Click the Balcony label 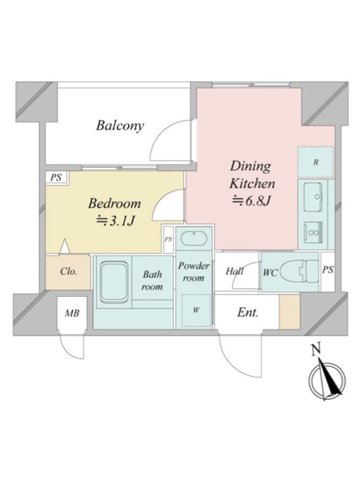point(119,126)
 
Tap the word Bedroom point(115,203)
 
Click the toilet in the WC point(299,271)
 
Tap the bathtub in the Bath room point(114,281)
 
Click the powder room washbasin point(194,238)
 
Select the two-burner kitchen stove point(313,232)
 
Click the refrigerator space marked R point(316,162)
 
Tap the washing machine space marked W point(196,310)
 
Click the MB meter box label point(73,313)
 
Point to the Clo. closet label point(68,272)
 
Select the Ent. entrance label point(248,313)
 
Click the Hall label point(235,271)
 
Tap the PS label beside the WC point(328,269)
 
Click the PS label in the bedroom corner point(56,178)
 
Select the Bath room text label point(152,281)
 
